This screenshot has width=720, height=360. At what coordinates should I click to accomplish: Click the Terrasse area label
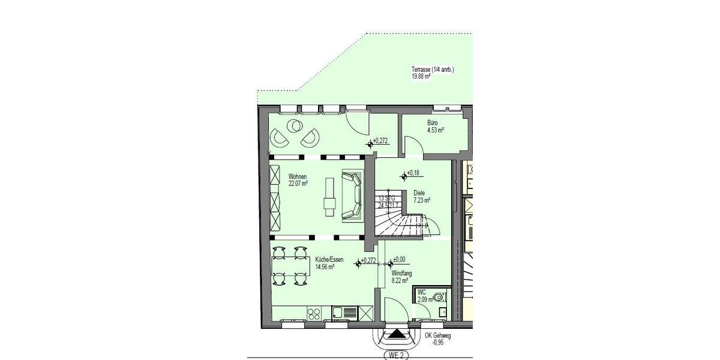coord(433,73)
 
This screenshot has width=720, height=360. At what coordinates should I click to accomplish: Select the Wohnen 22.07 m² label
coord(298,181)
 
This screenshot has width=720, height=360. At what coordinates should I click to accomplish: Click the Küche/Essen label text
coord(329,263)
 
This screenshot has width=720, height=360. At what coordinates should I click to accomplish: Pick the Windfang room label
coord(401,276)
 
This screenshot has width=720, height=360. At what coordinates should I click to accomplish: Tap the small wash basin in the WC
coord(442,311)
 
